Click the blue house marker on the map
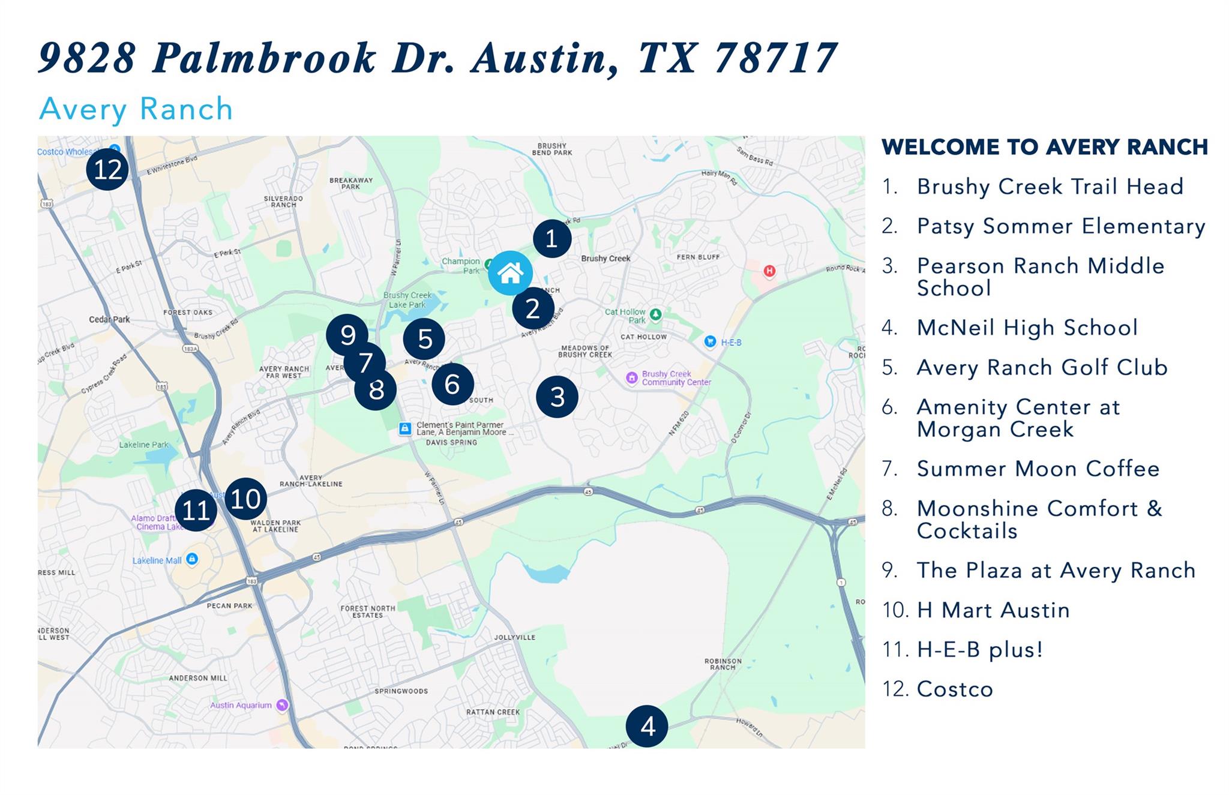[x=510, y=273]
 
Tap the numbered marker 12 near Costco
[x=107, y=169]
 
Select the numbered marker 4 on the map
[x=647, y=727]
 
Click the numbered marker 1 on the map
[x=551, y=238]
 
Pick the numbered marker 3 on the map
[x=557, y=397]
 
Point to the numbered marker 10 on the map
[x=246, y=499]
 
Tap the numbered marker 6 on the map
[x=452, y=384]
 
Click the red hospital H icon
[x=769, y=271]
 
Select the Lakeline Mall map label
[x=157, y=560]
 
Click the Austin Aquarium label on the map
[x=241, y=705]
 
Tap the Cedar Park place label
[x=109, y=319]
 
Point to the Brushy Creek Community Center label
[x=676, y=378]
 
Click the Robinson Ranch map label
[x=723, y=664]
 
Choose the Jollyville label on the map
[x=514, y=637]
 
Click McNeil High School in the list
[x=1027, y=328]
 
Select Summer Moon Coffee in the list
[x=1038, y=469]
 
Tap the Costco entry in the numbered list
[x=955, y=689]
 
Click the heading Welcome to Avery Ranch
[x=1044, y=147]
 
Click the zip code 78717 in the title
[x=776, y=58]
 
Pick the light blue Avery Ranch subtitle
[x=136, y=109]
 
